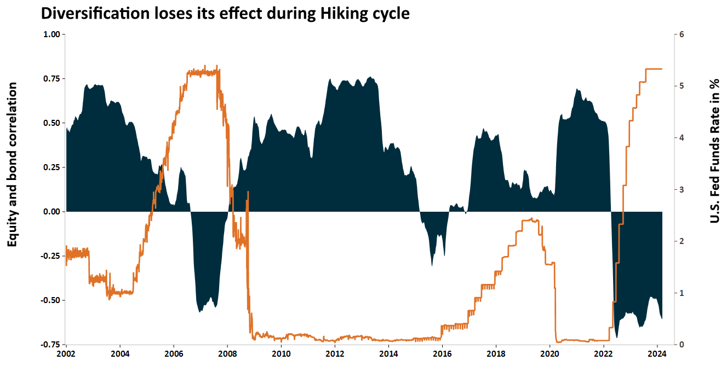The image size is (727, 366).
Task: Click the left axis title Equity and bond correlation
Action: tap(12, 165)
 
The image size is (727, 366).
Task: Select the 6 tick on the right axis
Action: tap(682, 34)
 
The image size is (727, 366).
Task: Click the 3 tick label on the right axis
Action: tap(682, 190)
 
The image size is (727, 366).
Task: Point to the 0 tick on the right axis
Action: tap(682, 345)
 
